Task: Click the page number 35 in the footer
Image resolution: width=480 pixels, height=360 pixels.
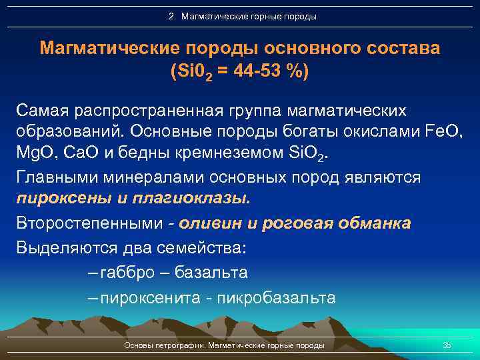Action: tap(447, 345)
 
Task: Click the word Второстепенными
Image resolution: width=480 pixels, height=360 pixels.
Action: tap(85, 224)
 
